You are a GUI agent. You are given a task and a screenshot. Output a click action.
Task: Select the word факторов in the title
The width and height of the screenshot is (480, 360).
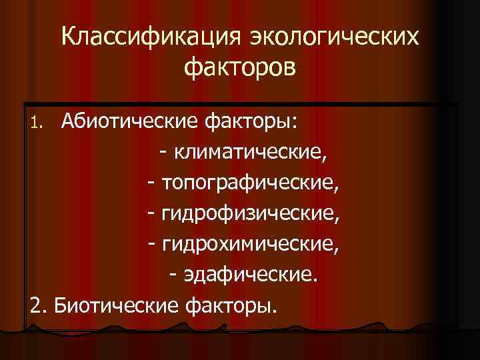click(x=240, y=68)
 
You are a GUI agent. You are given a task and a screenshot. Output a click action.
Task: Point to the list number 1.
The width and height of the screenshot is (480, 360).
click(x=37, y=123)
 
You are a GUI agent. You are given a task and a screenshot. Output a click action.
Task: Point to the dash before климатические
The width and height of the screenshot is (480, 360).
click(x=164, y=154)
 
